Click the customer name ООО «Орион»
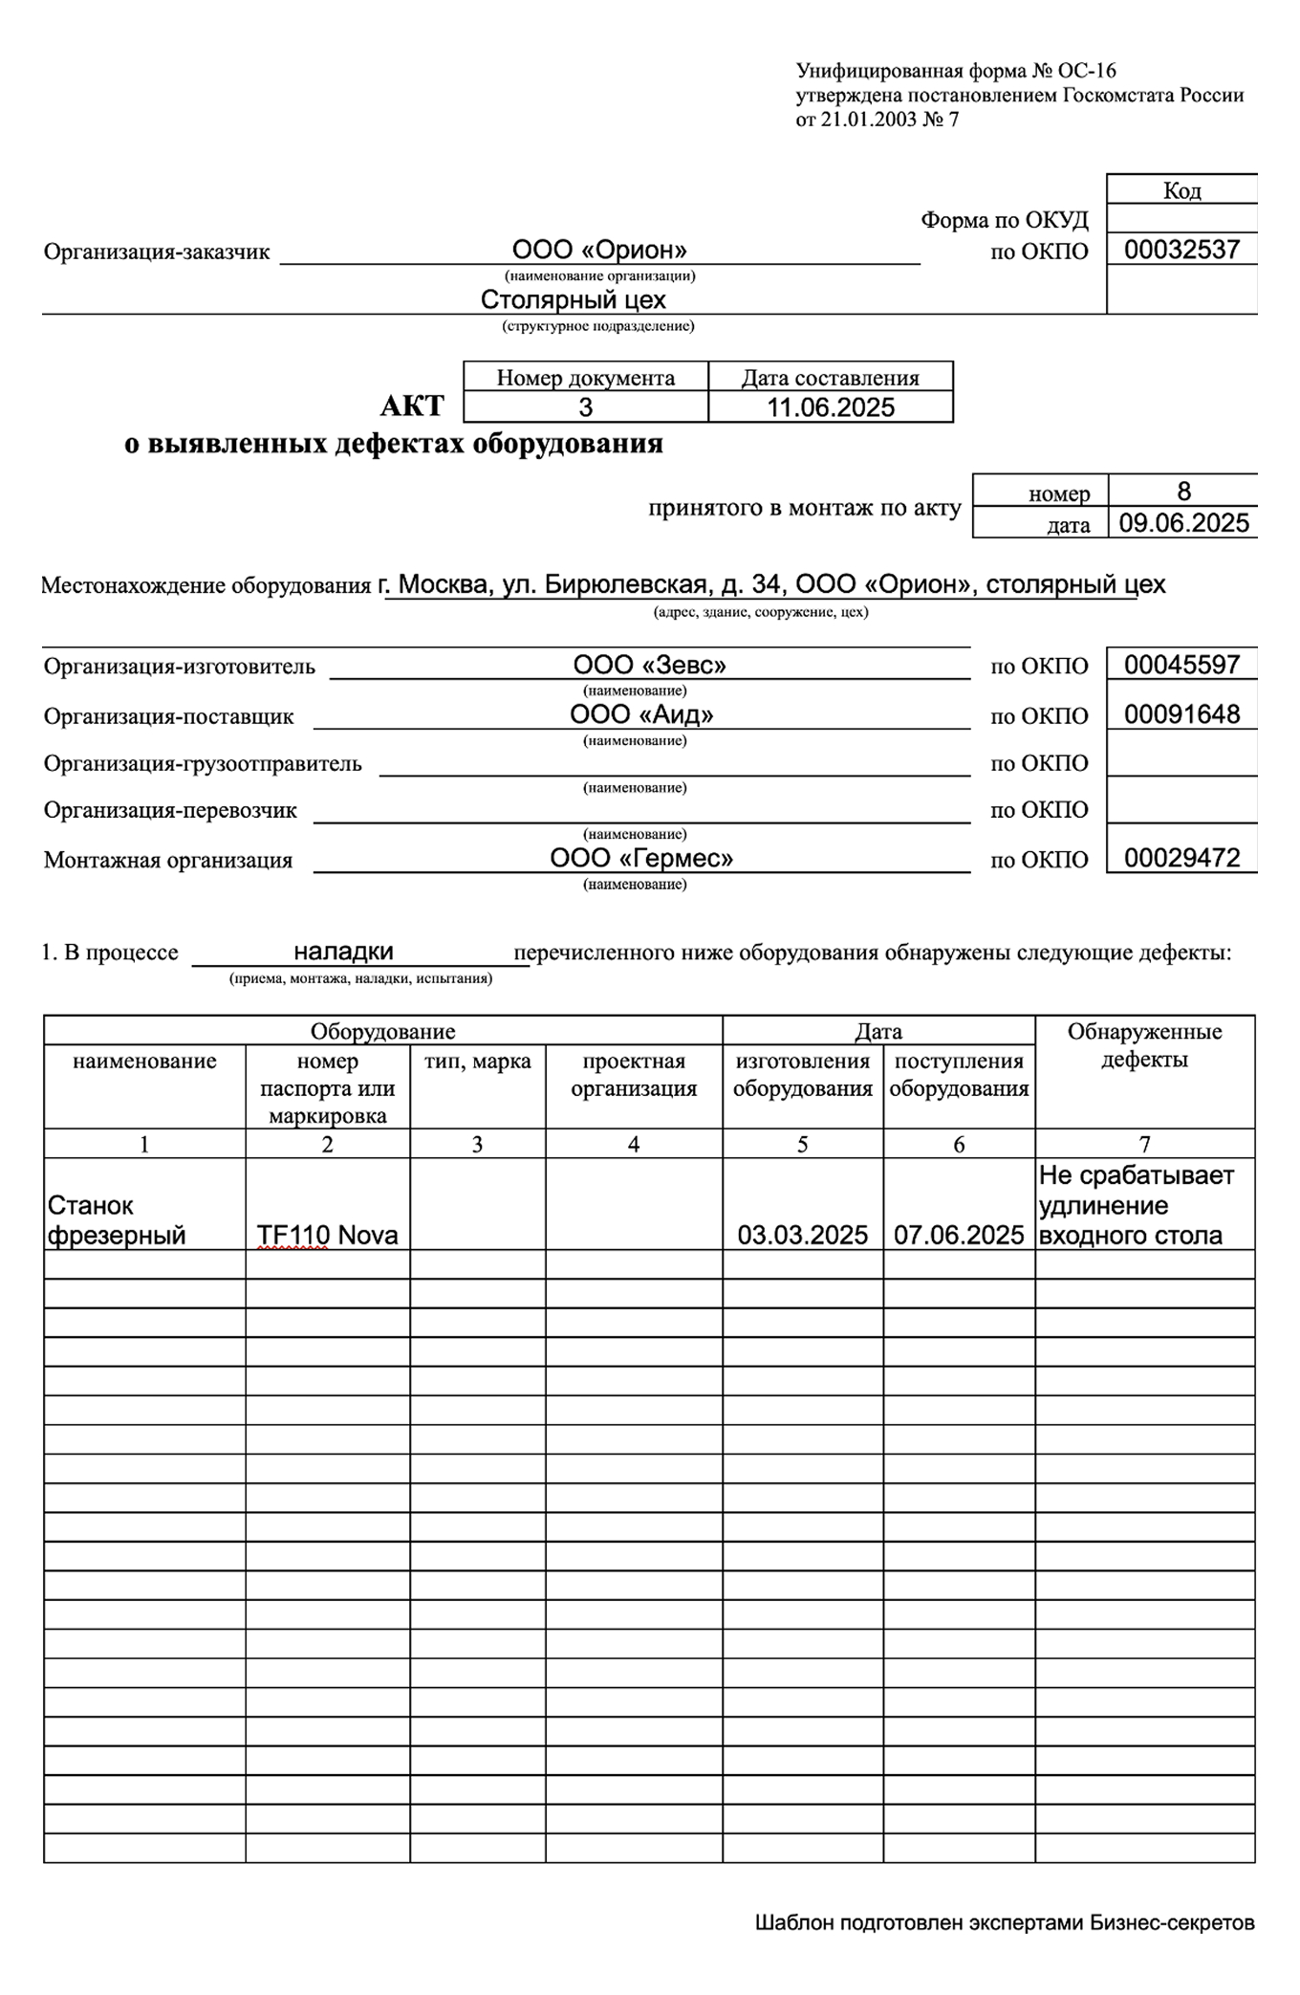tap(599, 251)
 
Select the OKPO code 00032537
tap(1181, 251)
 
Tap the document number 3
tap(585, 407)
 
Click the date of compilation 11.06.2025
tap(831, 407)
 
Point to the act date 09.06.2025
tap(1183, 523)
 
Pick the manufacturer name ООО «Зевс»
tap(649, 665)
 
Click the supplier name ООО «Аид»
tap(641, 714)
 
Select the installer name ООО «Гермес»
tap(641, 858)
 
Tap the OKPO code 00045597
tap(1181, 665)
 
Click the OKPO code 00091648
tap(1181, 714)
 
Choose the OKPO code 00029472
tap(1181, 858)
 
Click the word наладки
tap(343, 952)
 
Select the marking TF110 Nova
tap(327, 1235)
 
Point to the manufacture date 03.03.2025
tap(802, 1235)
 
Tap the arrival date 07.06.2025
tap(959, 1235)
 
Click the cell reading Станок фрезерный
tap(117, 1219)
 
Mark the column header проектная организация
tap(634, 1075)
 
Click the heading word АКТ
tap(412, 406)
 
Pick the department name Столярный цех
tap(573, 300)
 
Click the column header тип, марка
tap(477, 1062)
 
